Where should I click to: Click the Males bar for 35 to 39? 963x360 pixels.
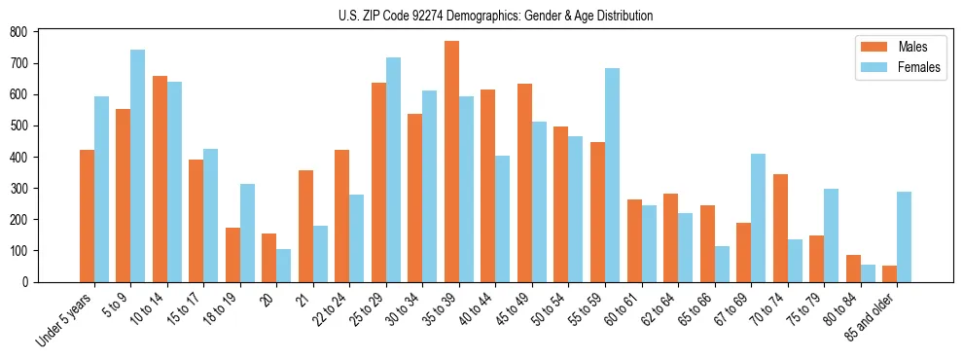tap(451, 162)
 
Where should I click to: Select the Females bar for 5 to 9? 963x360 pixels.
tap(138, 165)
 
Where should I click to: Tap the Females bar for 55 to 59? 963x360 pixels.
tap(612, 175)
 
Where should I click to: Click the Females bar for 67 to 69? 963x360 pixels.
tap(758, 218)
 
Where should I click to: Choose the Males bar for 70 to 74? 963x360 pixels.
tap(780, 228)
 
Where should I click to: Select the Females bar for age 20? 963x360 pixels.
tap(284, 266)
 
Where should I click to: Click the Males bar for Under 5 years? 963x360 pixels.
tap(87, 216)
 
